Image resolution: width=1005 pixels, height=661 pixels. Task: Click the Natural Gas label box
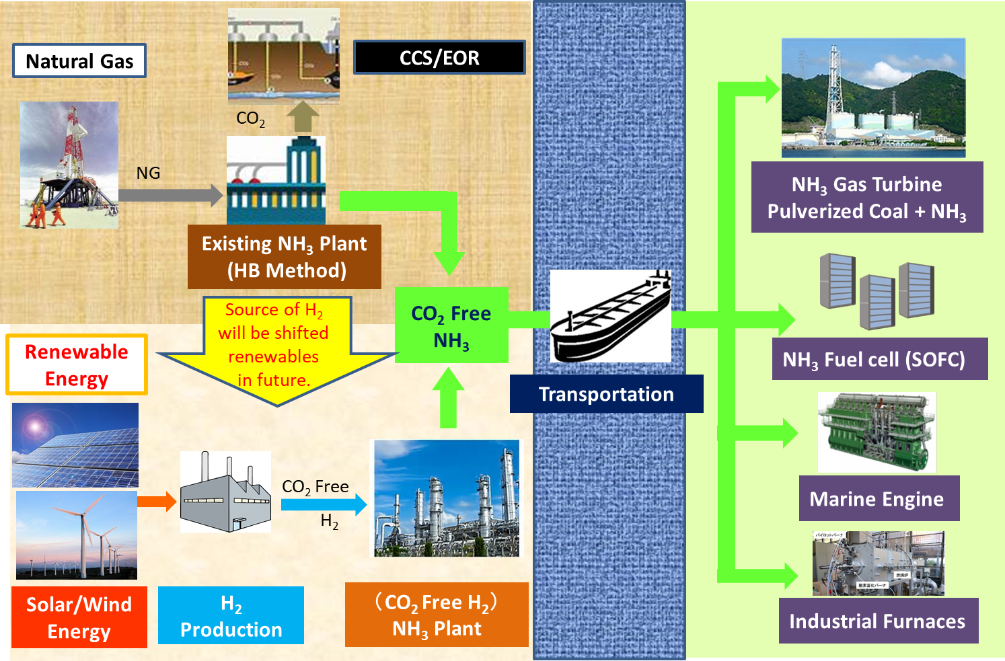(x=79, y=61)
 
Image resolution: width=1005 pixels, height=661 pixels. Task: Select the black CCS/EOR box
(x=439, y=58)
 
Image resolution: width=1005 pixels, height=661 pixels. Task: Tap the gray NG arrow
(x=170, y=196)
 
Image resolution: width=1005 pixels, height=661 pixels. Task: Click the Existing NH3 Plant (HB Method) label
(x=285, y=257)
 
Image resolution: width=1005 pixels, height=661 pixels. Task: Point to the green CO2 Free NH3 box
(x=451, y=326)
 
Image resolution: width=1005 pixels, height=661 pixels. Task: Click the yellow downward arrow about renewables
(x=277, y=350)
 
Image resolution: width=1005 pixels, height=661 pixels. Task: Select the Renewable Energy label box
(x=77, y=364)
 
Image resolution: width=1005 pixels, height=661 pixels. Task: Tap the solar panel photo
(x=75, y=444)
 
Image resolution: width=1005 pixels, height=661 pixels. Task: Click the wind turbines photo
(x=77, y=535)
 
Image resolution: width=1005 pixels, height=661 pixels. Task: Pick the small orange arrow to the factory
(x=157, y=501)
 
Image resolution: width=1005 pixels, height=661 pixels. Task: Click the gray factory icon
(x=225, y=493)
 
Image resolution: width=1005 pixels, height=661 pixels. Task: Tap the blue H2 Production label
(x=231, y=615)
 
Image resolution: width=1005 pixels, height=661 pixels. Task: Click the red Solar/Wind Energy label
(x=79, y=617)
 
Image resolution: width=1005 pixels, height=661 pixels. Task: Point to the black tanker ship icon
(x=610, y=317)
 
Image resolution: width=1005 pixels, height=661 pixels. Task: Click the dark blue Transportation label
(x=606, y=394)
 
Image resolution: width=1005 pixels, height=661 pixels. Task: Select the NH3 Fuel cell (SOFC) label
(x=874, y=360)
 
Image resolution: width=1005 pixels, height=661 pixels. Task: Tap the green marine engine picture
(x=877, y=432)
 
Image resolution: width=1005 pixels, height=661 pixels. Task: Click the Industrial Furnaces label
(x=877, y=621)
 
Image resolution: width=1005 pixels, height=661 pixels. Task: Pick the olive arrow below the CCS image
(x=303, y=116)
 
